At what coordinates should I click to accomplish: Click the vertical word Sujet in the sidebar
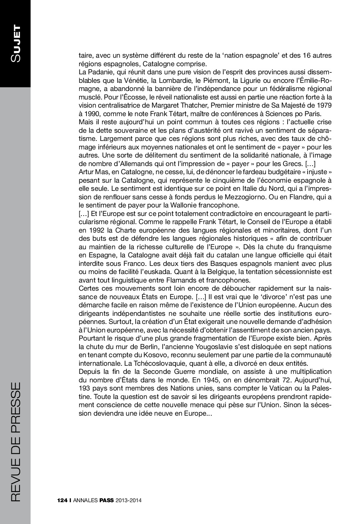(x=16, y=44)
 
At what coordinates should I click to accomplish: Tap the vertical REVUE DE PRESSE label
(x=16, y=442)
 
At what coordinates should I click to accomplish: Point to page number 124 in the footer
(x=62, y=501)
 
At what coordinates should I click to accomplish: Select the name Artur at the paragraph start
(x=86, y=172)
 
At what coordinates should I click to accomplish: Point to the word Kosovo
(x=128, y=355)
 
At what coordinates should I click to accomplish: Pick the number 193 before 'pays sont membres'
(x=85, y=388)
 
